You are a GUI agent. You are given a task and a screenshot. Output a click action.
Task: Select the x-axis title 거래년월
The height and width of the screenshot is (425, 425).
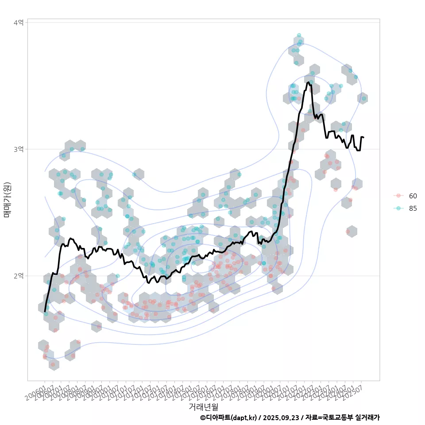[203, 406]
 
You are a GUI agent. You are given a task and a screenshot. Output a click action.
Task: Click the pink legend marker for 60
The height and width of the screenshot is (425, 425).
[398, 196]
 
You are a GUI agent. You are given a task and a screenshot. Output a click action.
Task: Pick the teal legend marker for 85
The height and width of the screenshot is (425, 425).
[398, 208]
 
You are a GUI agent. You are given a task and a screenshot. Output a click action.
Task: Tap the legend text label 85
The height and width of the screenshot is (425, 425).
[413, 208]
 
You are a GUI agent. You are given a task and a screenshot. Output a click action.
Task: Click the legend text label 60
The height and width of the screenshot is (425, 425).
[413, 196]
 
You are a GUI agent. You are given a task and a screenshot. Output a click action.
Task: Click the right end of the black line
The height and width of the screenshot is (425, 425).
[363, 137]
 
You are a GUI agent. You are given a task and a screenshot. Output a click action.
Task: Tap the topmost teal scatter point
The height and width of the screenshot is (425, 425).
[299, 35]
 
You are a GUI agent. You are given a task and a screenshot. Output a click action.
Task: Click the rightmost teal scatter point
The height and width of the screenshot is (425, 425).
[364, 98]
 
